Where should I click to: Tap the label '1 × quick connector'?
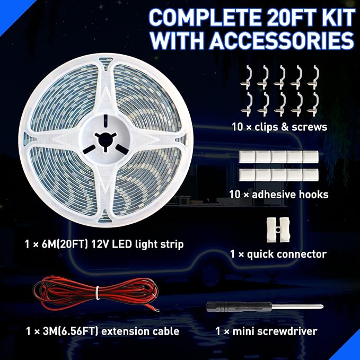(278, 254)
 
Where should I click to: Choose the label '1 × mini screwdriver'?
(266, 332)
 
